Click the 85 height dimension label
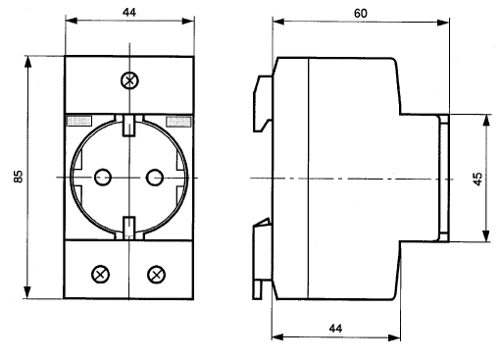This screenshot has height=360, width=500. click(19, 177)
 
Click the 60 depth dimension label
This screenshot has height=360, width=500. click(361, 14)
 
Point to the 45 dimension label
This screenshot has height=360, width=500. click(477, 180)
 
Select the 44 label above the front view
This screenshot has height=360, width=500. click(129, 12)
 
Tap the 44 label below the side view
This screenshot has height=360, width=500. click(335, 329)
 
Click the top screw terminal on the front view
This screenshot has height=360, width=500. click(129, 80)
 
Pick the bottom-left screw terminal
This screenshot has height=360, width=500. click(101, 275)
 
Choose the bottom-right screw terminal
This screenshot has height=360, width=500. click(156, 275)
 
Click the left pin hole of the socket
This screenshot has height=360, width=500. click(103, 178)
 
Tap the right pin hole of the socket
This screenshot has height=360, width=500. click(154, 178)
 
